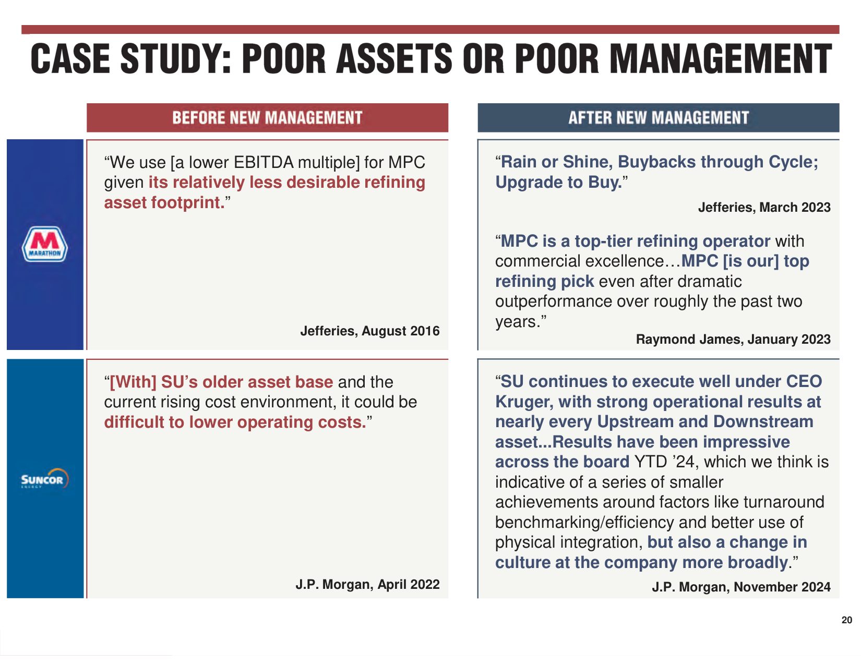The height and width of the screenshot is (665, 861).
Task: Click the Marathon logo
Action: click(x=44, y=244)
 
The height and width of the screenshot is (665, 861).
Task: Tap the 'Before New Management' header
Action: click(x=267, y=118)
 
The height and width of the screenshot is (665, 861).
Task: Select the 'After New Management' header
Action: click(x=659, y=118)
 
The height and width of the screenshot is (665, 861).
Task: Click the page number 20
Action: click(x=846, y=620)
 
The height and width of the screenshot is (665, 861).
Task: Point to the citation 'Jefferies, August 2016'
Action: click(x=369, y=331)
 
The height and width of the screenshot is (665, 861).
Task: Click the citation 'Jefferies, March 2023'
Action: click(x=764, y=208)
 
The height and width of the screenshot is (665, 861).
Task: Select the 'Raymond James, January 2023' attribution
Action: click(x=733, y=340)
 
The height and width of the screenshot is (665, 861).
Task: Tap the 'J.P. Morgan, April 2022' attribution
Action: click(x=367, y=585)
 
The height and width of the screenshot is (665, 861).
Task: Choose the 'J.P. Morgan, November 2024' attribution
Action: click(x=740, y=587)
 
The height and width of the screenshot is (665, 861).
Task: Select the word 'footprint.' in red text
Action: click(x=190, y=203)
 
